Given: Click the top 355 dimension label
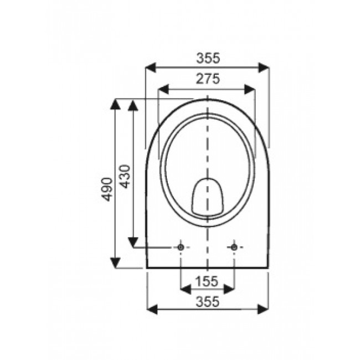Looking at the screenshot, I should click(x=208, y=57).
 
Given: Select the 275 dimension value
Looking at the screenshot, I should click(x=208, y=79).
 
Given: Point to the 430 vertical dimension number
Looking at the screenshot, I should click(x=125, y=176).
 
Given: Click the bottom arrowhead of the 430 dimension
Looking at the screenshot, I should click(x=133, y=242).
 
